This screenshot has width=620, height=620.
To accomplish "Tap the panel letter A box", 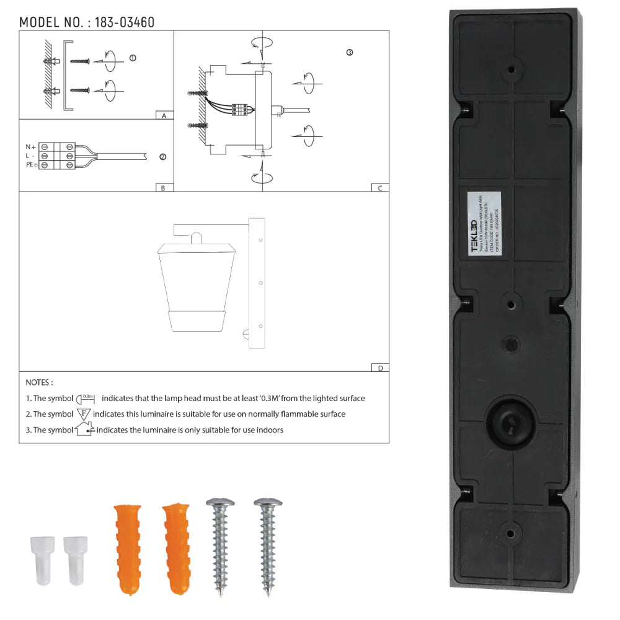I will point(163,115).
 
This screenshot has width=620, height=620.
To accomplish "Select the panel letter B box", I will point(163,188).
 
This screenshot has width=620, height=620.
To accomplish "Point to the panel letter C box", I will point(379,188).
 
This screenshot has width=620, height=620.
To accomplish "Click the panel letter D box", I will point(379,368).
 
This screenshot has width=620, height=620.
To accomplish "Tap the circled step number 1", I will point(133,58).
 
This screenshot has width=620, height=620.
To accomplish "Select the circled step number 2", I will point(163,157).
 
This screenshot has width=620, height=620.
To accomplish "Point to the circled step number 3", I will point(350,53).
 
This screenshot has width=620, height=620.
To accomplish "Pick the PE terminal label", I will point(30,165).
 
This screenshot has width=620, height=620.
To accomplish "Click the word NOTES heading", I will point(39,383).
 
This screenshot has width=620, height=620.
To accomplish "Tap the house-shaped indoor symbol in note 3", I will point(84,428).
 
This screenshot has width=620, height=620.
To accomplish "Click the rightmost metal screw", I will point(268,546).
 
